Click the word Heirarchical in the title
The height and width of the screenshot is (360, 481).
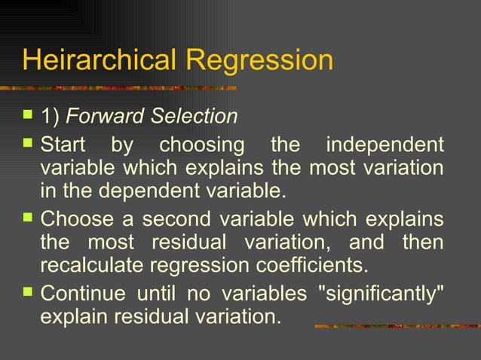click(98, 59)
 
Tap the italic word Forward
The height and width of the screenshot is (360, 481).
click(106, 117)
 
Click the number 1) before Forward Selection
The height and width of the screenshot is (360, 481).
click(50, 117)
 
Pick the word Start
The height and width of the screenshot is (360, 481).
click(63, 144)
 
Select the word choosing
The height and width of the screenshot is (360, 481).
click(202, 144)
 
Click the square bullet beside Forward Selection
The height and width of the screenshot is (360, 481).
click(28, 115)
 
